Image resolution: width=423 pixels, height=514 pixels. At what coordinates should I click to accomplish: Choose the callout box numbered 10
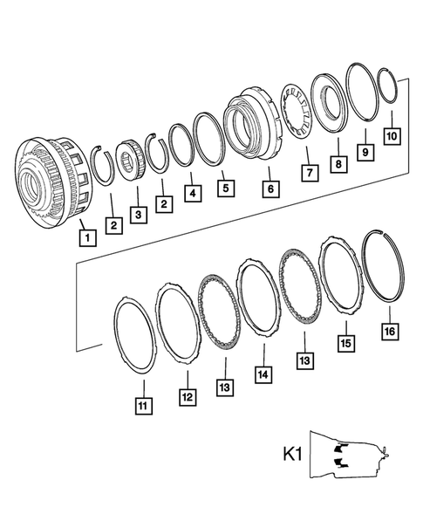[392, 136]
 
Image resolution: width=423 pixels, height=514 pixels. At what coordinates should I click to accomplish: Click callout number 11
[141, 404]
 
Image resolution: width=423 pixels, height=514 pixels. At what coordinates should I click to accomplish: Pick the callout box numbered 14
[263, 372]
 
